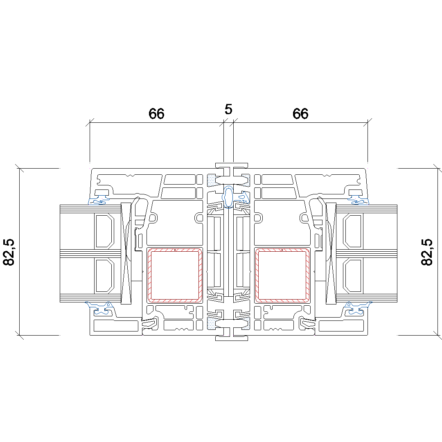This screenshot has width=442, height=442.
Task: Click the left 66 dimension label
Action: (156, 114)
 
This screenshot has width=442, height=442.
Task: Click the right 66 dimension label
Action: (300, 114)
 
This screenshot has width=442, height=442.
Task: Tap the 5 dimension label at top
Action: (228, 109)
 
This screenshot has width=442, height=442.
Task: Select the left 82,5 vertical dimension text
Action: (9, 252)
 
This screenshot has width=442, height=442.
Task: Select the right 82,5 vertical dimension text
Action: (427, 252)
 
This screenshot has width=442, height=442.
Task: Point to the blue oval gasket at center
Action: (228, 196)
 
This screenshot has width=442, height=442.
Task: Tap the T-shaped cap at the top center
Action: (231, 168)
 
